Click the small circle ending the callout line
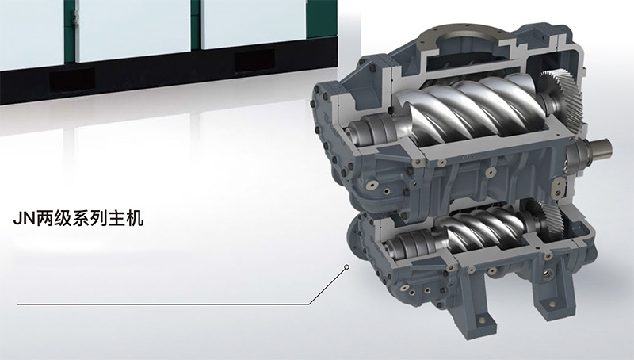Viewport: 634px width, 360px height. pos(346,267)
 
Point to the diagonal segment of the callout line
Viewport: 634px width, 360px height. pos(327,285)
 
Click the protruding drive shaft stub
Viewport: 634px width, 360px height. pos(601,149)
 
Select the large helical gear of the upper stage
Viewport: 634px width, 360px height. pos(561,97)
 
